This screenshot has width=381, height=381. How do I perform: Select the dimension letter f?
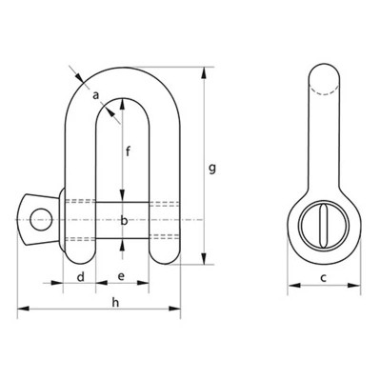[129, 149]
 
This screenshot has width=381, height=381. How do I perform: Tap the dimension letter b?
[123, 221]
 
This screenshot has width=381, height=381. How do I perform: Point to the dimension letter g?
[212, 169]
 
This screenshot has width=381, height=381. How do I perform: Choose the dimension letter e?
[121, 276]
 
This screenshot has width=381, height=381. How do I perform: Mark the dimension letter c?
[324, 277]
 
